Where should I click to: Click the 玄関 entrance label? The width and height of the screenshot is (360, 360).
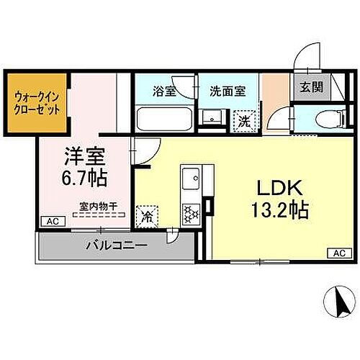click(311, 87)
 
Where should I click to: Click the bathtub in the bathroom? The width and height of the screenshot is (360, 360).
click(161, 118)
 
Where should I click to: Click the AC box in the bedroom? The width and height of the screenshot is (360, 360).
click(51, 222)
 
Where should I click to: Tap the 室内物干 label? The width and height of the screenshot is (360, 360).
click(97, 204)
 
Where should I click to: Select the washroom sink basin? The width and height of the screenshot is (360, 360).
click(212, 117)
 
